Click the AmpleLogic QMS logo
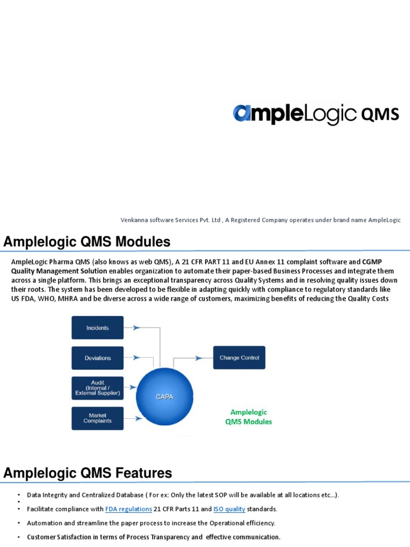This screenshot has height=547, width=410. pos(316,113)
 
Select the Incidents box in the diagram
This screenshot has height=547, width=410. pos(97,327)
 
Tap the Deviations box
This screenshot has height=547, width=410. pos(97,358)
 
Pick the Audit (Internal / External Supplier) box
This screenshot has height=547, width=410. pos(97,388)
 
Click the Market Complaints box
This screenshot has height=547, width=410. pos(97,418)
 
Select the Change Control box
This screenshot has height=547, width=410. pos(239,357)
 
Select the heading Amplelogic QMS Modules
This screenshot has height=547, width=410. pos(87,242)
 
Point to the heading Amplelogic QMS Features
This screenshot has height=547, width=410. pos(88,473)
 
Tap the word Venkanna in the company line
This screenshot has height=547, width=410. pos(134,220)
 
